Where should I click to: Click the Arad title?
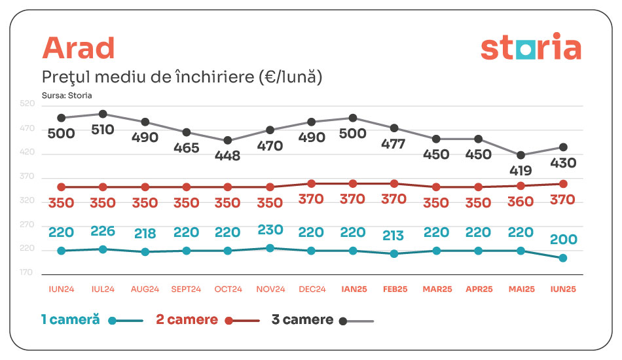(x=78, y=48)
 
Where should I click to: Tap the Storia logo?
(x=530, y=48)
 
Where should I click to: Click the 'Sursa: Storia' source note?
(x=67, y=95)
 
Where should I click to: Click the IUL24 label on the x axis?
(x=103, y=289)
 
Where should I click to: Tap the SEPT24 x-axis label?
(x=186, y=289)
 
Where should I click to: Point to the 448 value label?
(x=227, y=156)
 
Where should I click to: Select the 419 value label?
(x=521, y=171)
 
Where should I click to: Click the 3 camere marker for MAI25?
(x=521, y=156)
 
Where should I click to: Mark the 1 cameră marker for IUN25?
(x=562, y=258)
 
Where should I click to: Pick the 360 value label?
(x=521, y=202)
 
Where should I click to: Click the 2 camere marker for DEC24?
(x=311, y=184)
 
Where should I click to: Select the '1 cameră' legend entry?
(x=70, y=320)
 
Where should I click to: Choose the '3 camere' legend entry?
(x=302, y=320)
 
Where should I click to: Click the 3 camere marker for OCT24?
(x=228, y=141)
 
